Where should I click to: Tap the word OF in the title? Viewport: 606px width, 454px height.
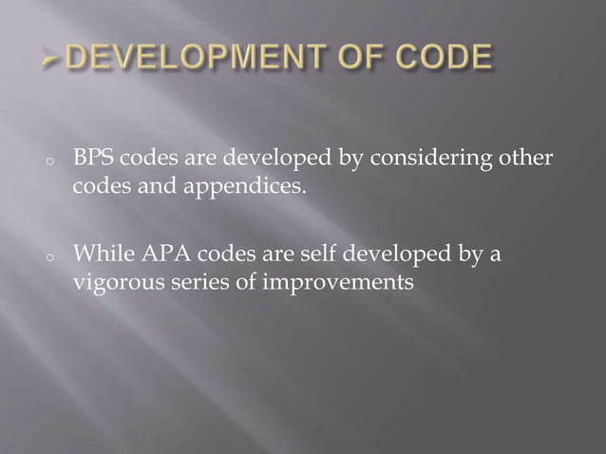coord(371,60)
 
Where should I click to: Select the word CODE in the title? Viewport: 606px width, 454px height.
coord(446,60)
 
